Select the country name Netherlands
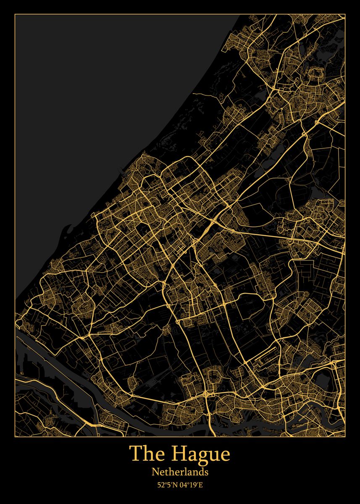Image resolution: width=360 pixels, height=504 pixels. pyautogui.click(x=180, y=472)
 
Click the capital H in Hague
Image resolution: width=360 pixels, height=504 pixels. pyautogui.click(x=179, y=454)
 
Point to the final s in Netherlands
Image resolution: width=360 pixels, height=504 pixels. pyautogui.click(x=206, y=472)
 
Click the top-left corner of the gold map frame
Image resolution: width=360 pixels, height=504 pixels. pyautogui.click(x=15, y=14)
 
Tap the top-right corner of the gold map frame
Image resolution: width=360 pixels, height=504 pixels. pyautogui.click(x=345, y=14)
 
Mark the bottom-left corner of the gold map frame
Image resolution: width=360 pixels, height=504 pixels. pyautogui.click(x=15, y=437)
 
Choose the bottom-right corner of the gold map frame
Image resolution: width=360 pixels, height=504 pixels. pyautogui.click(x=345, y=437)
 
